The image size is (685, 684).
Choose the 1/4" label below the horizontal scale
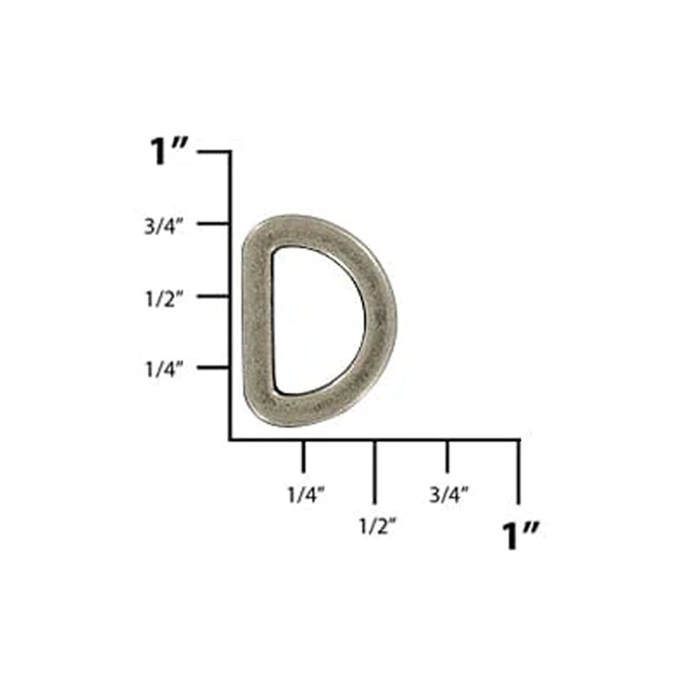(x=306, y=495)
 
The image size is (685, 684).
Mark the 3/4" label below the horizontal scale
(x=449, y=495)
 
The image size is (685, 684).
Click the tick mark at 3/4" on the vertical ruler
(x=213, y=224)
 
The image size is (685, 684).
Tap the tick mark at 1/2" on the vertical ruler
(x=213, y=296)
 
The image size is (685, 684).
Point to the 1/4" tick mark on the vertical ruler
(x=213, y=368)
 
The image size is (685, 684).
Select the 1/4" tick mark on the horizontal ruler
(x=304, y=456)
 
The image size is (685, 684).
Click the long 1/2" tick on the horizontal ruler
(x=375, y=471)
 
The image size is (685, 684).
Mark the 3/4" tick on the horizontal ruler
(x=447, y=456)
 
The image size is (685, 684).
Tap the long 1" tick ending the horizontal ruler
(x=519, y=471)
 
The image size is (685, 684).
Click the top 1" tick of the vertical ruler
(x=214, y=152)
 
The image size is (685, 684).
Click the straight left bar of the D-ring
(x=258, y=321)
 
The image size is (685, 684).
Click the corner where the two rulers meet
(x=230, y=439)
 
